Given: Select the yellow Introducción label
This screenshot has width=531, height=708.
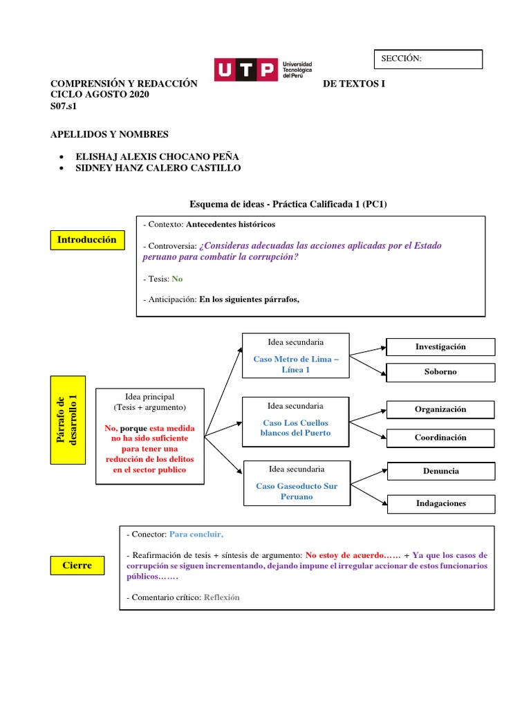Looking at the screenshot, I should pyautogui.click(x=86, y=240).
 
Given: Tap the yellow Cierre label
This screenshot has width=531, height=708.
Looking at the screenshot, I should pyautogui.click(x=77, y=565).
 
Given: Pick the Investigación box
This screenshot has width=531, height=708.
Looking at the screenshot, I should pyautogui.click(x=440, y=346).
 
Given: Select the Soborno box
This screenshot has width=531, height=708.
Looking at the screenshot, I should pyautogui.click(x=440, y=372).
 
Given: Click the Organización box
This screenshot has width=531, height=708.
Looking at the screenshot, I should pyautogui.click(x=440, y=409).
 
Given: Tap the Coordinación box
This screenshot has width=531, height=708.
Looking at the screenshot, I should pyautogui.click(x=440, y=438).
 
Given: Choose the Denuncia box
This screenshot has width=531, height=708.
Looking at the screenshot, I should pyautogui.click(x=440, y=471).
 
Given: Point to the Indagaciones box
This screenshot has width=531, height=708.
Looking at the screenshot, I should pyautogui.click(x=440, y=503).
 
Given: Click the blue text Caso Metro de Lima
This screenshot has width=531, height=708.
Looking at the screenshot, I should pyautogui.click(x=295, y=364).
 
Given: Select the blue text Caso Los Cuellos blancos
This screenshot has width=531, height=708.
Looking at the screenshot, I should pyautogui.click(x=295, y=427).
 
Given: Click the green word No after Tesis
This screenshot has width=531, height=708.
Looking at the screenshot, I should pyautogui.click(x=177, y=279).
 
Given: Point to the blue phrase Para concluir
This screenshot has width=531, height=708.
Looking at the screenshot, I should pyautogui.click(x=196, y=534).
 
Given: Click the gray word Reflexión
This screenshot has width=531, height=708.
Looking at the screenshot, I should pyautogui.click(x=221, y=597).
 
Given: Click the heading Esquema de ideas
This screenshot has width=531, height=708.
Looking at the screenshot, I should pyautogui.click(x=292, y=203).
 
